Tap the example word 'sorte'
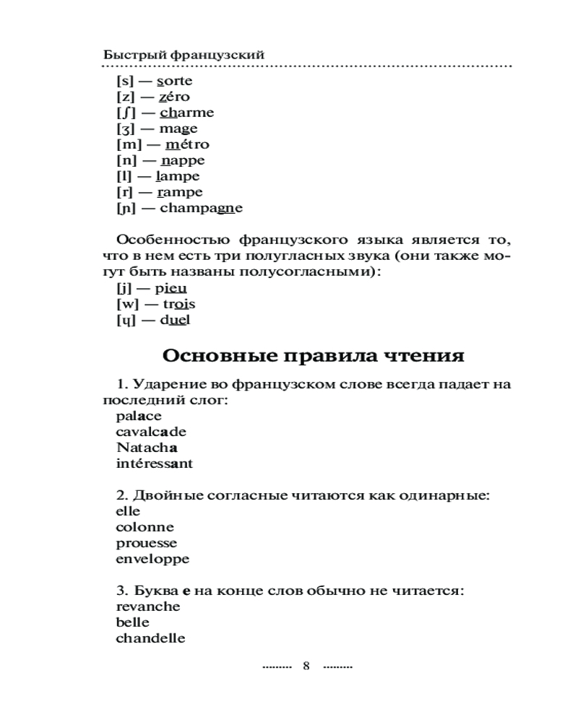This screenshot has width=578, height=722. (174, 81)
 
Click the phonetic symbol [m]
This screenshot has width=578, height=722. (128, 144)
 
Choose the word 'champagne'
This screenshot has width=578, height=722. (201, 209)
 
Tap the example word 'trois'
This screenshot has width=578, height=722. (175, 304)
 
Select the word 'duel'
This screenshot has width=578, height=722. (174, 320)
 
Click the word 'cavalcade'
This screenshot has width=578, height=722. (151, 432)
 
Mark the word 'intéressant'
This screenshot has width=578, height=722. (154, 464)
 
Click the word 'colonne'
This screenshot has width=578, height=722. (144, 527)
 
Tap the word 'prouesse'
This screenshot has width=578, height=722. (146, 543)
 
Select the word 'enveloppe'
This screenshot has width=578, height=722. (152, 559)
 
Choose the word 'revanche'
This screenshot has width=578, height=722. (147, 606)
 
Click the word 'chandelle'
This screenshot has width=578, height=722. (150, 638)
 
